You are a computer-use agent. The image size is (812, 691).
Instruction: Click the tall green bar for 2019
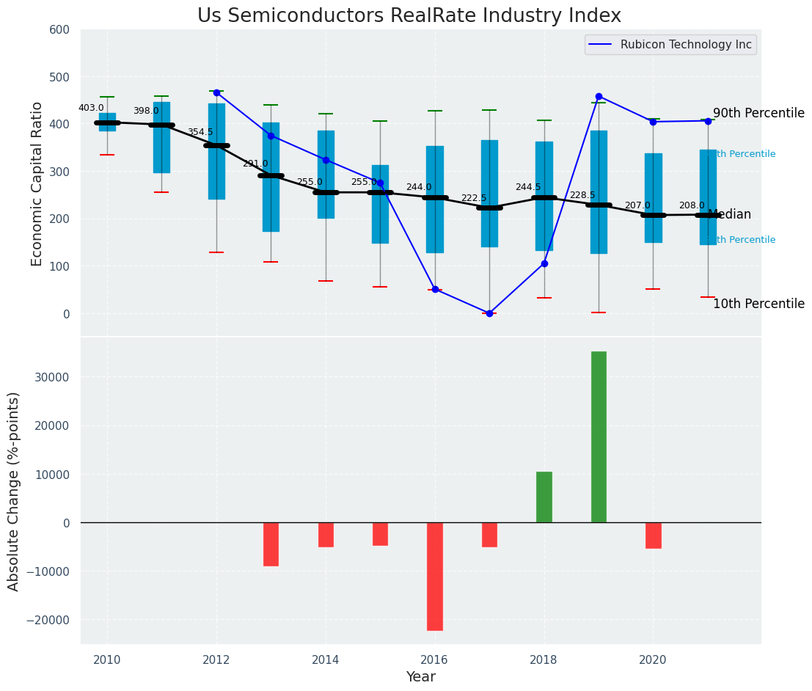pyautogui.click(x=599, y=436)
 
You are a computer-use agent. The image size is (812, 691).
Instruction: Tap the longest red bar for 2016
pyautogui.click(x=435, y=576)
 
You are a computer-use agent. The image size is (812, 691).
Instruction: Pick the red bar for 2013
pyautogui.click(x=271, y=544)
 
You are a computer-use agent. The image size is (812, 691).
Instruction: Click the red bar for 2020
pyautogui.click(x=653, y=535)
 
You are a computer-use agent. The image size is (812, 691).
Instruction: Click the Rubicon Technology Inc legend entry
pyautogui.click(x=685, y=45)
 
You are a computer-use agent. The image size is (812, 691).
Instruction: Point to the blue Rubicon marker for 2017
pyautogui.click(x=489, y=313)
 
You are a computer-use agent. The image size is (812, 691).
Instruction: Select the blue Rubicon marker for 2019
pyautogui.click(x=599, y=96)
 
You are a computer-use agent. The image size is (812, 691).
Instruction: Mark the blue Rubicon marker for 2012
pyautogui.click(x=216, y=92)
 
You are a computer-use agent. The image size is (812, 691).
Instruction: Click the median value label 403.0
pyautogui.click(x=91, y=108)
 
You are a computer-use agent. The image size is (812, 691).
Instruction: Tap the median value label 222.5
pyautogui.click(x=473, y=198)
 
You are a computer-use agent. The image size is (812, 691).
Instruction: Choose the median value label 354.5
pyautogui.click(x=200, y=132)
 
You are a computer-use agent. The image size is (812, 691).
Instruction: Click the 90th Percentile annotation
pyautogui.click(x=758, y=113)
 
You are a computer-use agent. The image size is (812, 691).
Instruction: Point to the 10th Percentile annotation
pyautogui.click(x=758, y=304)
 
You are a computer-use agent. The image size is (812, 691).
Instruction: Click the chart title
pyautogui.click(x=409, y=16)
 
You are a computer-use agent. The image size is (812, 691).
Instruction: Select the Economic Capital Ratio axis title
pyautogui.click(x=37, y=183)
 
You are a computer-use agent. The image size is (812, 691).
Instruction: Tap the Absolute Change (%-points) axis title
pyautogui.click(x=14, y=491)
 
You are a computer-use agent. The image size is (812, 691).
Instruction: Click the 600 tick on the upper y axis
pyautogui.click(x=59, y=29)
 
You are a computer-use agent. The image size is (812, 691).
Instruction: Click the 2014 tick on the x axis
pyautogui.click(x=326, y=659)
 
